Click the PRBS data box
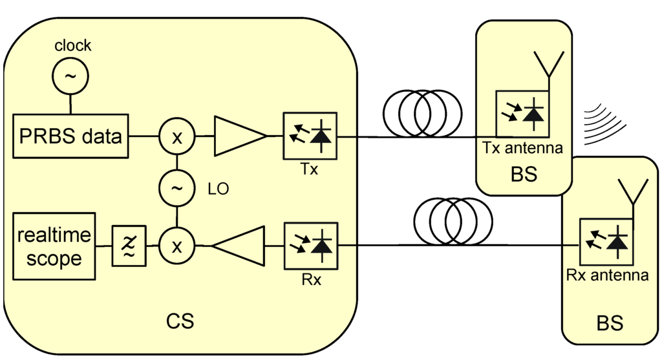coord(71,137)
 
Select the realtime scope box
coord(54,246)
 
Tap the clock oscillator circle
coord(70,76)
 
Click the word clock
coord(72,46)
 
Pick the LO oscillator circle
coord(176,189)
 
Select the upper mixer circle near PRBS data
coord(176,137)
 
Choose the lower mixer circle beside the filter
coord(176,246)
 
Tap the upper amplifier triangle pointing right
coord(237,137)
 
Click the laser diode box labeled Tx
coord(310,136)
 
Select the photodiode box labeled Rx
coord(310,246)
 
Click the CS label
coord(180,321)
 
